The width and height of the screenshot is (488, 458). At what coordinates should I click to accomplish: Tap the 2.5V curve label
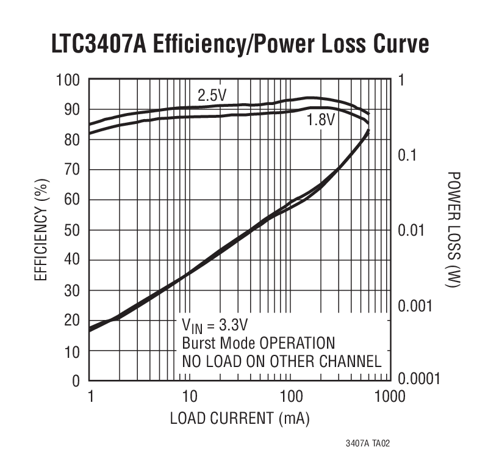point(211,96)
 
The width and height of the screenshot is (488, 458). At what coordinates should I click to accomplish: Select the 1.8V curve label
point(320,120)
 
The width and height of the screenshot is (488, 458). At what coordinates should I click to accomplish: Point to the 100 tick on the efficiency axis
point(68,81)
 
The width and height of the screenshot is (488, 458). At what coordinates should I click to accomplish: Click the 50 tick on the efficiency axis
point(73,231)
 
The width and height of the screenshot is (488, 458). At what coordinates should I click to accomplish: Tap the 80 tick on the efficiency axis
point(73,140)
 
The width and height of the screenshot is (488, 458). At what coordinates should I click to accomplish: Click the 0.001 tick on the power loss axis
point(415,305)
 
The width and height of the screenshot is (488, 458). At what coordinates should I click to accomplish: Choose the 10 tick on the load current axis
point(190,398)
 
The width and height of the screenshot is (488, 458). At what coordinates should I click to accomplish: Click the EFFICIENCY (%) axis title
point(41,231)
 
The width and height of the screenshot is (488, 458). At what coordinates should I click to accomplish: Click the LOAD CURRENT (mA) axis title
point(239,419)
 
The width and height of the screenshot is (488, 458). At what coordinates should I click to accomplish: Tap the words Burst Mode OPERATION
point(259,343)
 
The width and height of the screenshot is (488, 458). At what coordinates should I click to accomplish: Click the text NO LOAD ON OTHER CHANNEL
point(282,362)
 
